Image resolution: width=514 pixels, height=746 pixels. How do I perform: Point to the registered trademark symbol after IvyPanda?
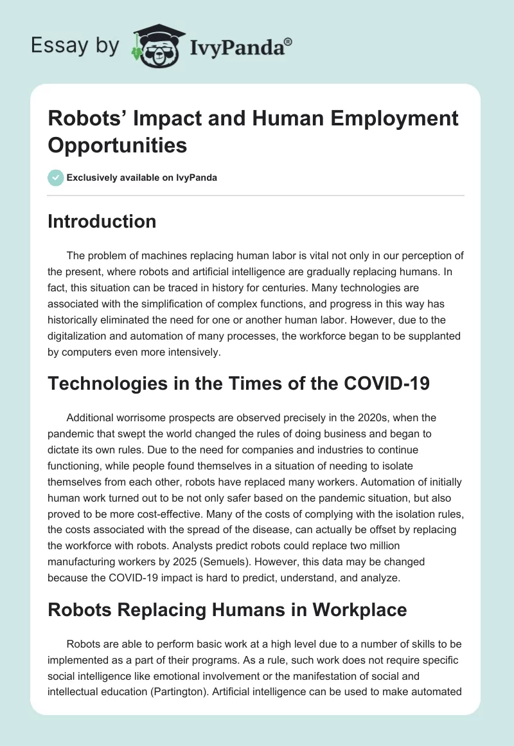click(x=288, y=41)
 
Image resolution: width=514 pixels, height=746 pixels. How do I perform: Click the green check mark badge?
click(x=56, y=177)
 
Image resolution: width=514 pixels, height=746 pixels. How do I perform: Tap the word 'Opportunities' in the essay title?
click(x=118, y=145)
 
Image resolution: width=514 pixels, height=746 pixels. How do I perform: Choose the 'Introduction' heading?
click(x=102, y=221)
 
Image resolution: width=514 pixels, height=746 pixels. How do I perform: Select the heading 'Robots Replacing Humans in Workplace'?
click(x=227, y=609)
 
